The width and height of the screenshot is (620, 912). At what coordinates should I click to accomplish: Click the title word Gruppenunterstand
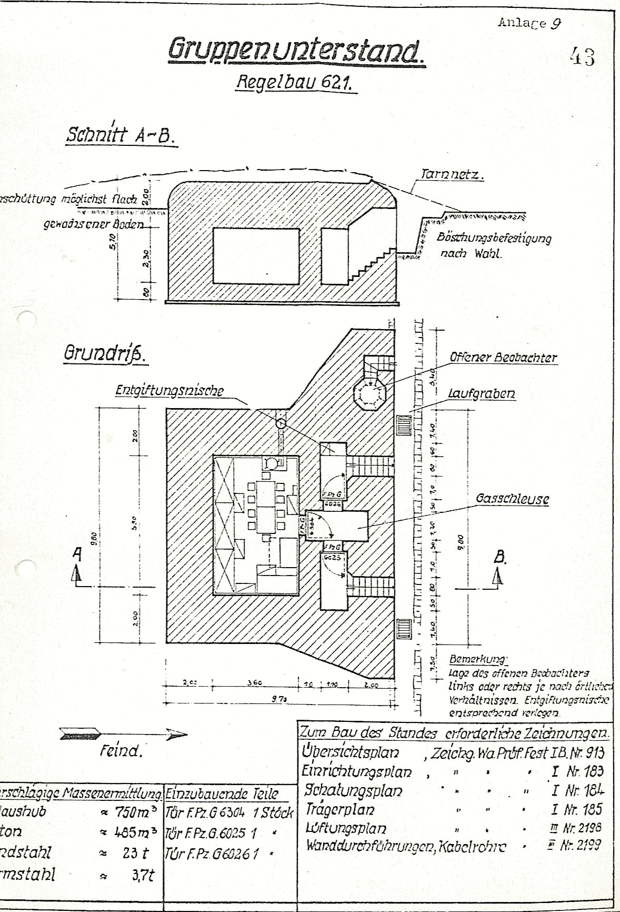[296, 51]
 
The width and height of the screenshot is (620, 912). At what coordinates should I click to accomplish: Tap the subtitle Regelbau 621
[295, 82]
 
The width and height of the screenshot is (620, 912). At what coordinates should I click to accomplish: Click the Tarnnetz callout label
[451, 174]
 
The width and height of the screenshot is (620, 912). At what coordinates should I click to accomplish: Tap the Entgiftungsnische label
[169, 391]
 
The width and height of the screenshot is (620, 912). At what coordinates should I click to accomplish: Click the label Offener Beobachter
[503, 358]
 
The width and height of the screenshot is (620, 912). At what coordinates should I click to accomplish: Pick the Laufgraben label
[481, 394]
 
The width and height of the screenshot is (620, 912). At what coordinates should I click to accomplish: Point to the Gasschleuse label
[512, 499]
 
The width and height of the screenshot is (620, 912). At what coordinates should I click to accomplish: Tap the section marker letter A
[77, 554]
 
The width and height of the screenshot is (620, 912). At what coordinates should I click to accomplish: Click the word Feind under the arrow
[121, 750]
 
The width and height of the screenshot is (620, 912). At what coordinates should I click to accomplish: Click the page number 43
[582, 56]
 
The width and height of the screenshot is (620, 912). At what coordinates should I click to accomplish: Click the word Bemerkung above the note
[478, 659]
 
